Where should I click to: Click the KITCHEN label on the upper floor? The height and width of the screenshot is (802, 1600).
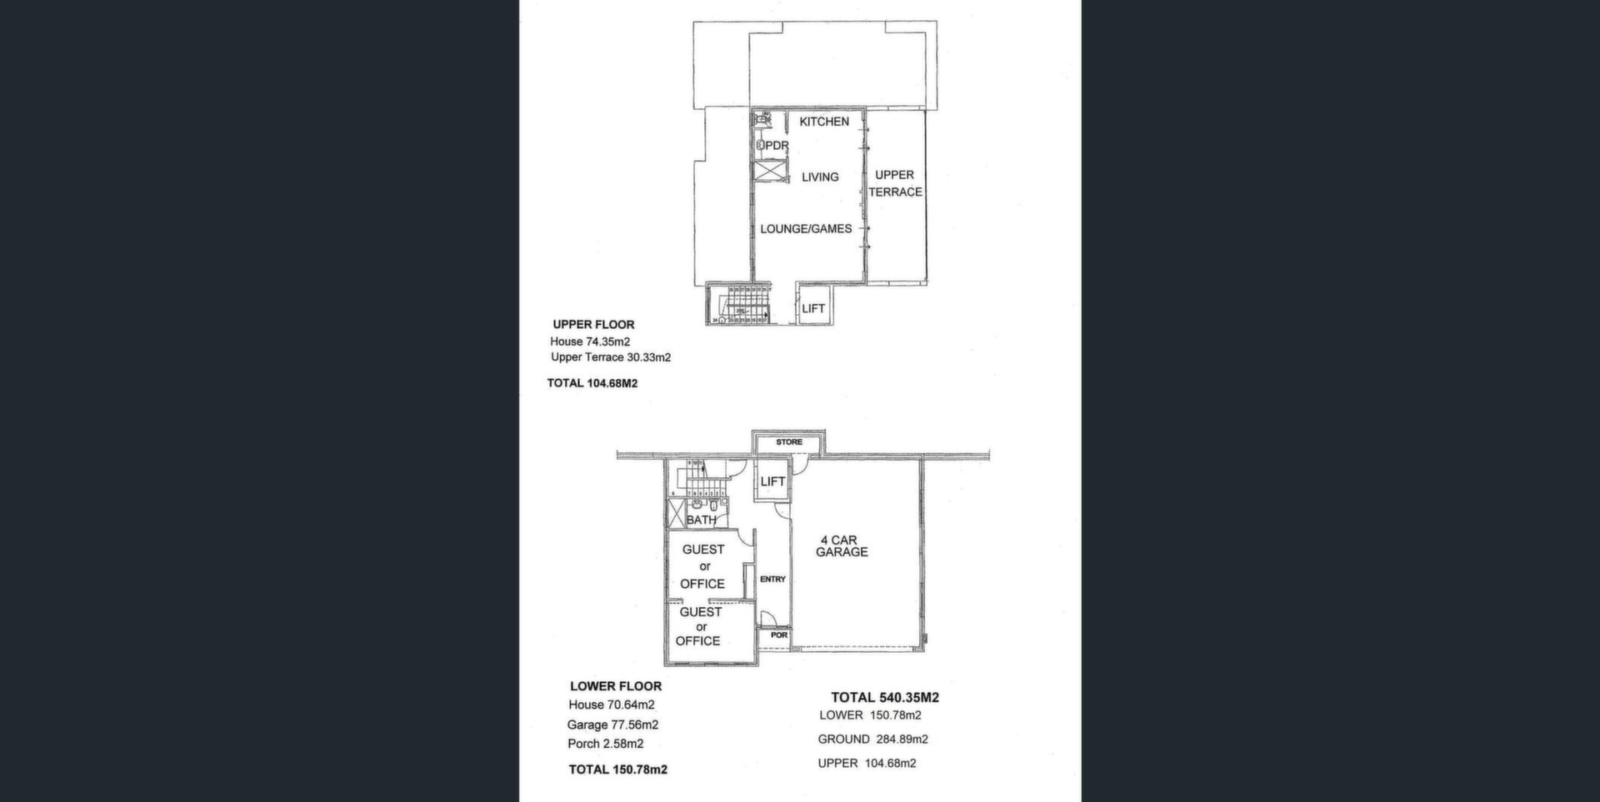823,122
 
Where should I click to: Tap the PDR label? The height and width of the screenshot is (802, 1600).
775,146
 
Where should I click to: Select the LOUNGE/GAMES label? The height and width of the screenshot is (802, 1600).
805,228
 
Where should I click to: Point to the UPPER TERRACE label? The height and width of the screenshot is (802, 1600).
895,183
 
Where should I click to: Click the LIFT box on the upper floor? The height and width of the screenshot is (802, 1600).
812,308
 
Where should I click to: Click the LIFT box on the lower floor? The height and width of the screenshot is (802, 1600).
772,481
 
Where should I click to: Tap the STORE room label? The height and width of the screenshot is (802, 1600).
788,442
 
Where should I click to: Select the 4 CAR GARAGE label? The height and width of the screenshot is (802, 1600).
842,546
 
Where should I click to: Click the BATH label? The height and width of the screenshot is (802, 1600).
700,520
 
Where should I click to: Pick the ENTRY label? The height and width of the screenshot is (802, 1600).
772,579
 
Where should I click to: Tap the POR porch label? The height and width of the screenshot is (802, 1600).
778,635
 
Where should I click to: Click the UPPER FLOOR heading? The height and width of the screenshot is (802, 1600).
593,325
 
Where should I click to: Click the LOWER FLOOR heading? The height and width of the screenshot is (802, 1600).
615,686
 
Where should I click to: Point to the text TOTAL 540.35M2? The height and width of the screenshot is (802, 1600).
884,698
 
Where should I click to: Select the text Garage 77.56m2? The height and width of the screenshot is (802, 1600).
612,725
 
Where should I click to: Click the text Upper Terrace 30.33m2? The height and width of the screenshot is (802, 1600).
610,357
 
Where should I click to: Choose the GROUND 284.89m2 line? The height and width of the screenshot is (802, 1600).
872,739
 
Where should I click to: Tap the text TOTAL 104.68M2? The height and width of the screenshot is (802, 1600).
592,383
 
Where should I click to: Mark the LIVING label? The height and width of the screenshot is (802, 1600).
820,177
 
